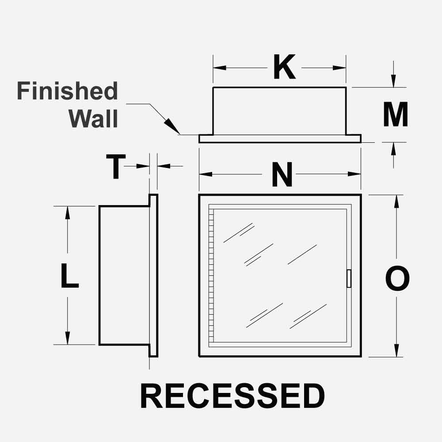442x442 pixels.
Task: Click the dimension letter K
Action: point(284,68)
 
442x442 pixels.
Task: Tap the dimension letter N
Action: point(282,175)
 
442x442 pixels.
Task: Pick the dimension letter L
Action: point(69,275)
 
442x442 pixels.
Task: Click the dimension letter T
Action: point(115,167)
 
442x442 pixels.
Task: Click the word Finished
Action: point(68,91)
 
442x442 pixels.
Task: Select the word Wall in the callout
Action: point(94,118)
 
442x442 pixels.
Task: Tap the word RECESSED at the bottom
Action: point(232,396)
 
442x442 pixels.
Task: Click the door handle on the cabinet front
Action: point(349,278)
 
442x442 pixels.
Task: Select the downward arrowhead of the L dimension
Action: point(68,339)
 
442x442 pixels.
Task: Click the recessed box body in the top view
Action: point(279,111)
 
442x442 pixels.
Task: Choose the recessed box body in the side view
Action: point(123,275)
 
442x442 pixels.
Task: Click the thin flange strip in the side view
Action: point(153,275)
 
